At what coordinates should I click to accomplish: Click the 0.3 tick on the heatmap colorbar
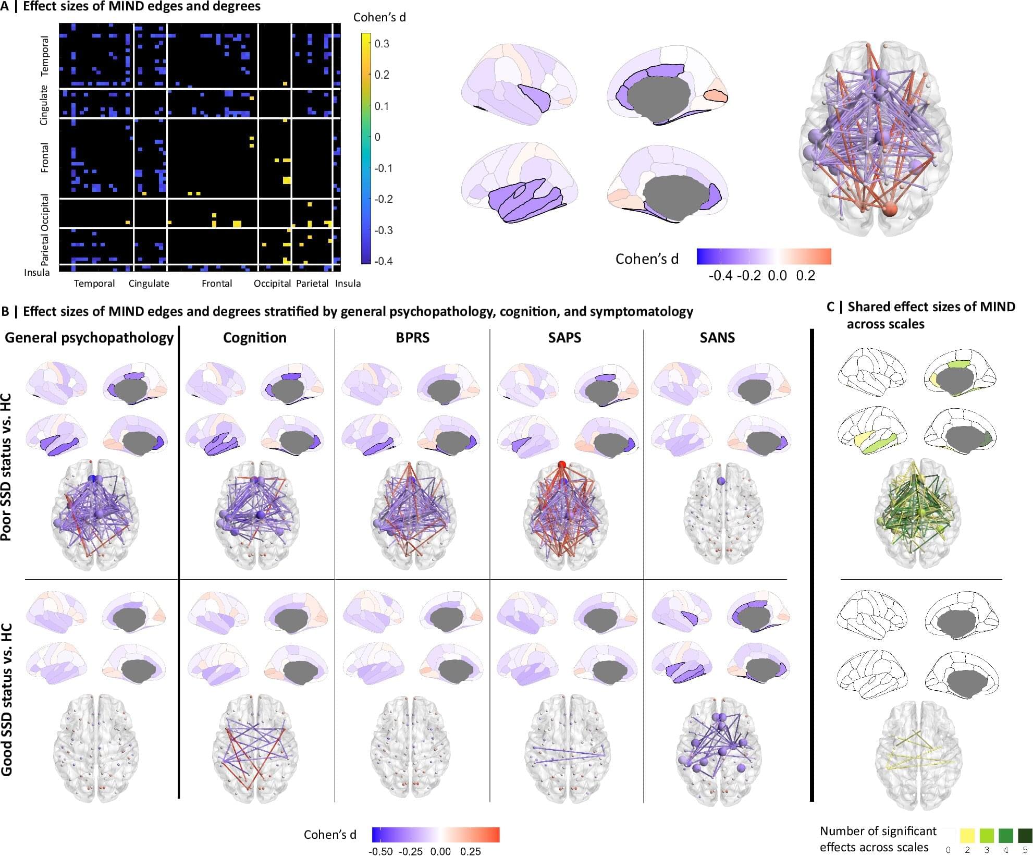(x=382, y=44)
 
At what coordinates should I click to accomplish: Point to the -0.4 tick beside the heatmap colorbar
(x=383, y=261)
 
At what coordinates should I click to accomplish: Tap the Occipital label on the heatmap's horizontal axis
(x=272, y=284)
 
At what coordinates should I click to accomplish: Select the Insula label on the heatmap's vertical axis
(x=36, y=273)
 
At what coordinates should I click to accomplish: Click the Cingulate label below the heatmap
(x=149, y=284)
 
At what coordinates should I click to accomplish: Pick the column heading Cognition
(x=254, y=338)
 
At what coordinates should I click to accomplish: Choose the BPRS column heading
(x=412, y=338)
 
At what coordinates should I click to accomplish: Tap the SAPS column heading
(x=564, y=338)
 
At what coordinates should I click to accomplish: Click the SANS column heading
(x=717, y=338)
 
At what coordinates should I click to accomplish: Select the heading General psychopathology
(x=89, y=338)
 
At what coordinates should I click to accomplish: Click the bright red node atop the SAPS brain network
(x=561, y=464)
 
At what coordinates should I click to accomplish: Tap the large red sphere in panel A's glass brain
(x=891, y=210)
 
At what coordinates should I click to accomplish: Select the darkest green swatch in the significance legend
(x=1025, y=836)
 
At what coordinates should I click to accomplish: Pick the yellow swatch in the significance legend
(x=967, y=836)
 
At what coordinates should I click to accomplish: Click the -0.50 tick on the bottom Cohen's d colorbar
(x=380, y=851)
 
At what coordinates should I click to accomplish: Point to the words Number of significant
(x=878, y=831)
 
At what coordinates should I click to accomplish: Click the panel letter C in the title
(x=831, y=307)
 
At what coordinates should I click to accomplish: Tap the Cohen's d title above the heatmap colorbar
(x=379, y=17)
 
